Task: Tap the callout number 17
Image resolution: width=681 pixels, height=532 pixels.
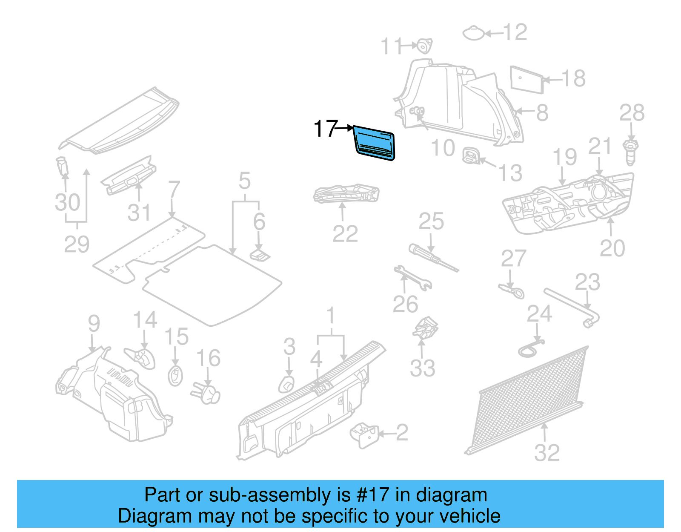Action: [325, 128]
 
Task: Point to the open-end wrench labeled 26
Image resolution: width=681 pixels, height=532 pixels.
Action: [412, 278]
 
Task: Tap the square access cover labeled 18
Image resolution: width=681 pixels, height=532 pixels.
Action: [527, 79]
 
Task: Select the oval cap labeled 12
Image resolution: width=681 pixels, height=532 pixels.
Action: [473, 33]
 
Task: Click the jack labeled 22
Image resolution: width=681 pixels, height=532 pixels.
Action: [346, 194]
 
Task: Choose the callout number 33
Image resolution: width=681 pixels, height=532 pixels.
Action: [422, 368]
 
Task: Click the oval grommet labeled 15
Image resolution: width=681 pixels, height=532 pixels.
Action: [175, 375]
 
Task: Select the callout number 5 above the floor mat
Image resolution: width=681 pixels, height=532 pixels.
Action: [244, 181]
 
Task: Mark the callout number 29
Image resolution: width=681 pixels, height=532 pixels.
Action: [77, 244]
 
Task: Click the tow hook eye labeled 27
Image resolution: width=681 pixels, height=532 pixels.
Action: [512, 291]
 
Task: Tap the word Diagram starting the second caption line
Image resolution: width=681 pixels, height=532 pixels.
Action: [143, 516]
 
